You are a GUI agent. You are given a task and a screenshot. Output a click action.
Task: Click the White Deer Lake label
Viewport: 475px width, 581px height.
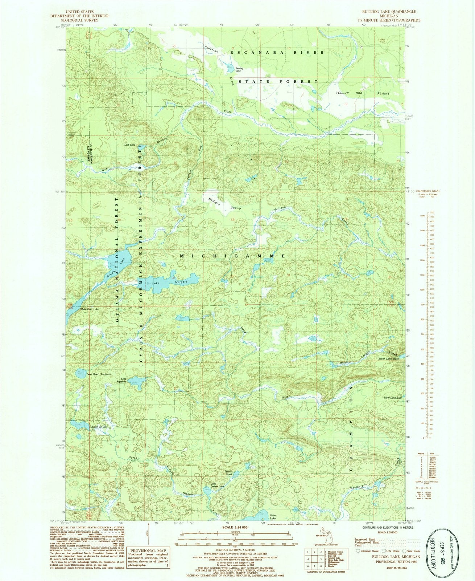[x=89, y=309]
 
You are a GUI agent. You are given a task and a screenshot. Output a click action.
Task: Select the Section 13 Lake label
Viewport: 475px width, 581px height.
[x=99, y=426]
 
